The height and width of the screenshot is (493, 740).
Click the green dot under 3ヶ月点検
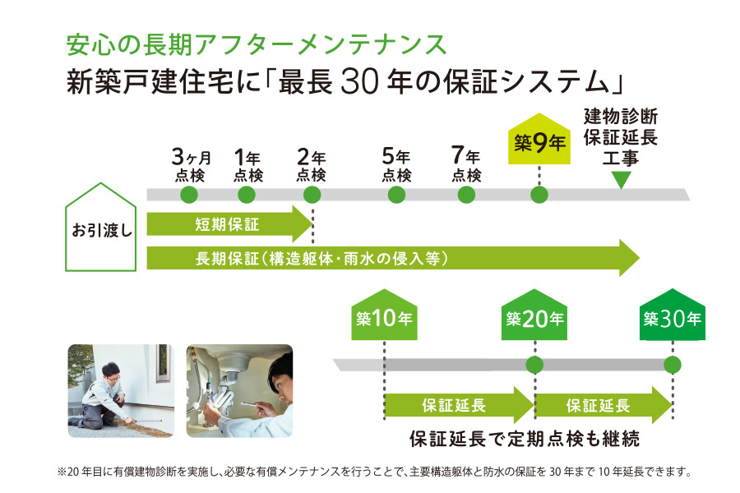[x=189, y=195]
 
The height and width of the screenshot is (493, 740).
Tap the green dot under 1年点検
[x=247, y=195]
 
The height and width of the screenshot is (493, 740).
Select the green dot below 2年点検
[x=312, y=195]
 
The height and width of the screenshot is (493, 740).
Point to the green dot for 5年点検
[x=396, y=195]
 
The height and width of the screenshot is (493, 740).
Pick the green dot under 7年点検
[x=466, y=195]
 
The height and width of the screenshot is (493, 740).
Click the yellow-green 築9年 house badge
[x=539, y=141]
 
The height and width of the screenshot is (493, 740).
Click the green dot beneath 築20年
[x=534, y=364]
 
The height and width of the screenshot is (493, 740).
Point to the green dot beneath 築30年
[x=673, y=364]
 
